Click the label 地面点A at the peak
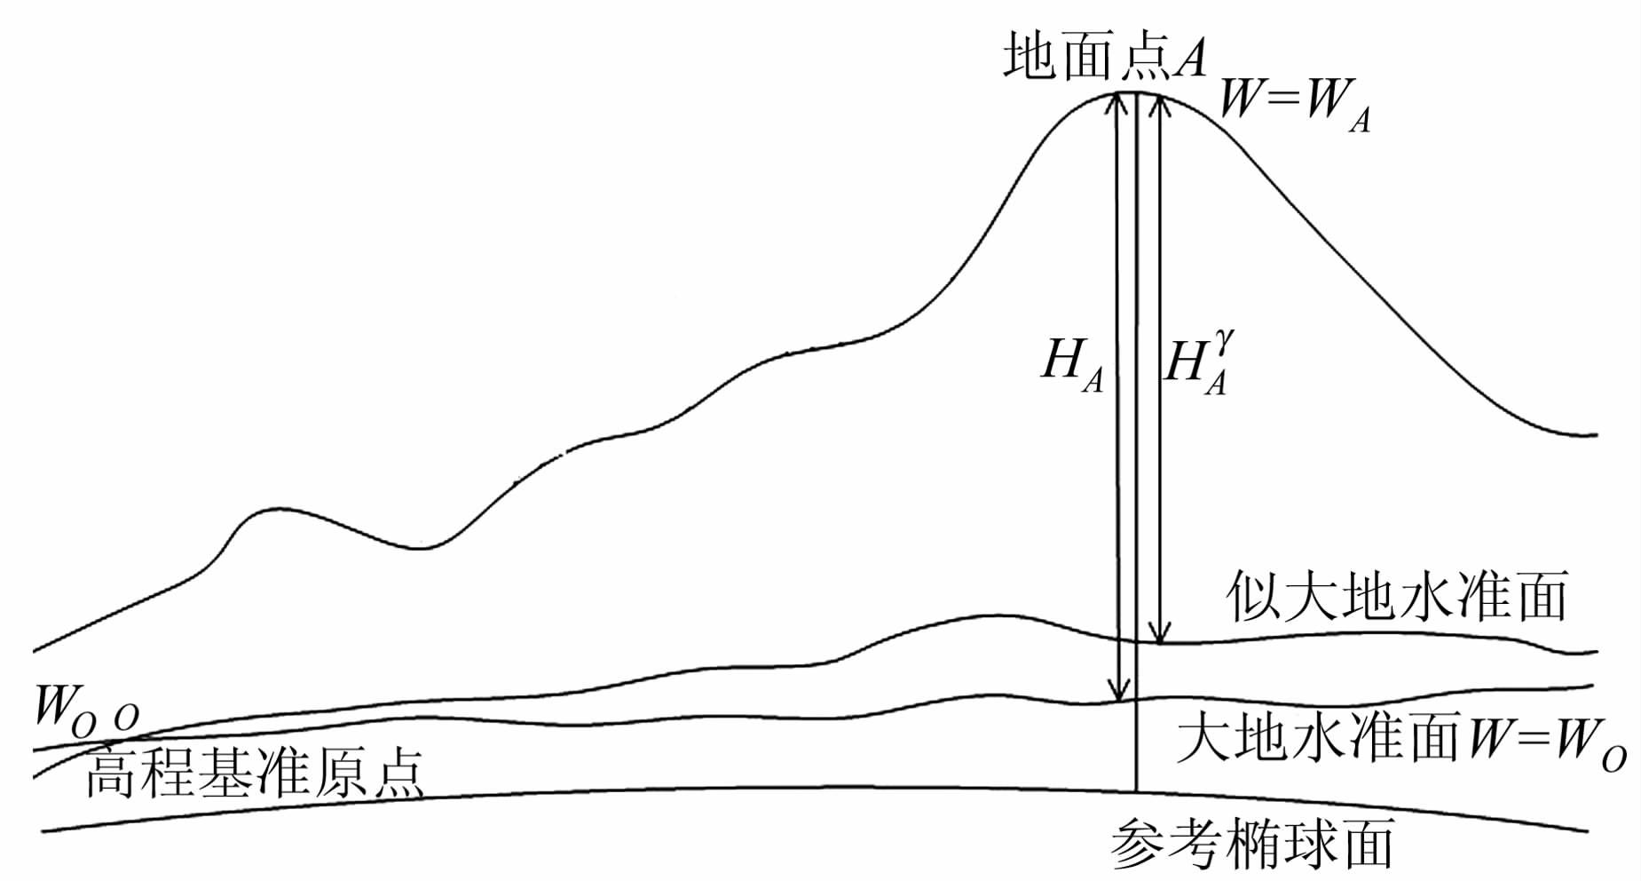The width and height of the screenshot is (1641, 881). click(1105, 59)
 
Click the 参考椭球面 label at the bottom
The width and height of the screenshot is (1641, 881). click(1251, 844)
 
